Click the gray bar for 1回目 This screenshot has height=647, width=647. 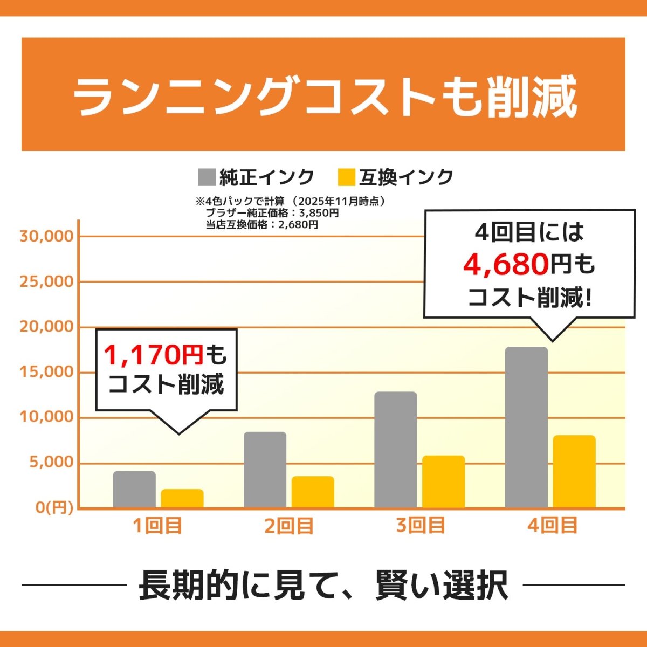(x=134, y=490)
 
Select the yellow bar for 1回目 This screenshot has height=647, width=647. (x=182, y=499)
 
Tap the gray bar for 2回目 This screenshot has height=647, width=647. (x=265, y=470)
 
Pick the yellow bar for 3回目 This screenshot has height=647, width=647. (x=443, y=482)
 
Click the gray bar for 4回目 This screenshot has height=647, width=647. (x=526, y=427)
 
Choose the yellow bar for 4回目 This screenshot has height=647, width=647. (x=574, y=472)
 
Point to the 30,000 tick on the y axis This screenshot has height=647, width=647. (x=46, y=236)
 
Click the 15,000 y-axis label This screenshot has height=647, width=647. (x=46, y=372)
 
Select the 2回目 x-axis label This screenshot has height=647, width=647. (x=288, y=526)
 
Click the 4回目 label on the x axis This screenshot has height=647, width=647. (x=552, y=526)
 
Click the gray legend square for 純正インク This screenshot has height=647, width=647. (x=207, y=177)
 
